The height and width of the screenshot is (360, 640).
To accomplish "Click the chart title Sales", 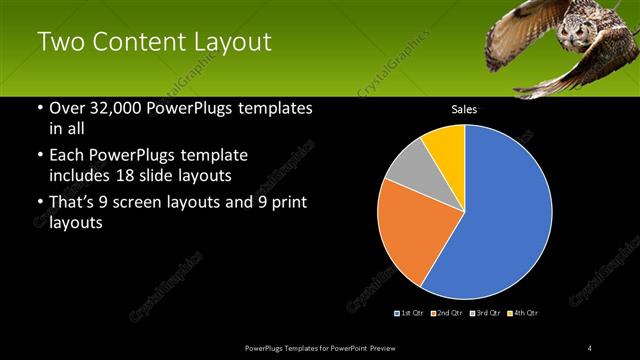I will tap(464, 109).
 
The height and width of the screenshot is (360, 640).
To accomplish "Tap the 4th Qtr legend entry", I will tap(524, 313).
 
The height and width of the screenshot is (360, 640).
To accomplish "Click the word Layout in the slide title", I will tap(225, 42).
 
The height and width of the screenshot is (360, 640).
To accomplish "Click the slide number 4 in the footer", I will tap(590, 347).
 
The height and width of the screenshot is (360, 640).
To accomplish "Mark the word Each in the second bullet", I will tap(67, 157).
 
